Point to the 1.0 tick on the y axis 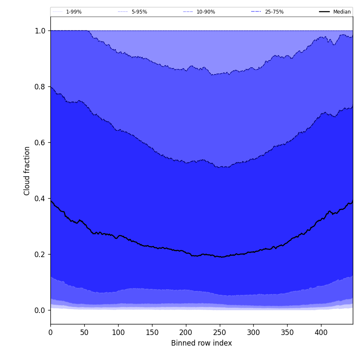point(40,31)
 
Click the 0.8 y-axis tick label point(40,87)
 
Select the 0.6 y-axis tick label point(40,143)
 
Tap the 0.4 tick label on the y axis point(40,199)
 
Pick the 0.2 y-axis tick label point(40,255)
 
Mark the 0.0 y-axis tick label point(40,310)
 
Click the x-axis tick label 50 point(84,332)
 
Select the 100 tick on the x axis point(118,332)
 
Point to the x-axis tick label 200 point(186,332)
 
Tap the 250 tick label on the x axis point(220,332)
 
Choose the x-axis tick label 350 point(287,332)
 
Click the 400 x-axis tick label point(321,332)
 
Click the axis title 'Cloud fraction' point(27,171)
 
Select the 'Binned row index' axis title point(202,343)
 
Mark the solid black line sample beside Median point(324,12)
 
